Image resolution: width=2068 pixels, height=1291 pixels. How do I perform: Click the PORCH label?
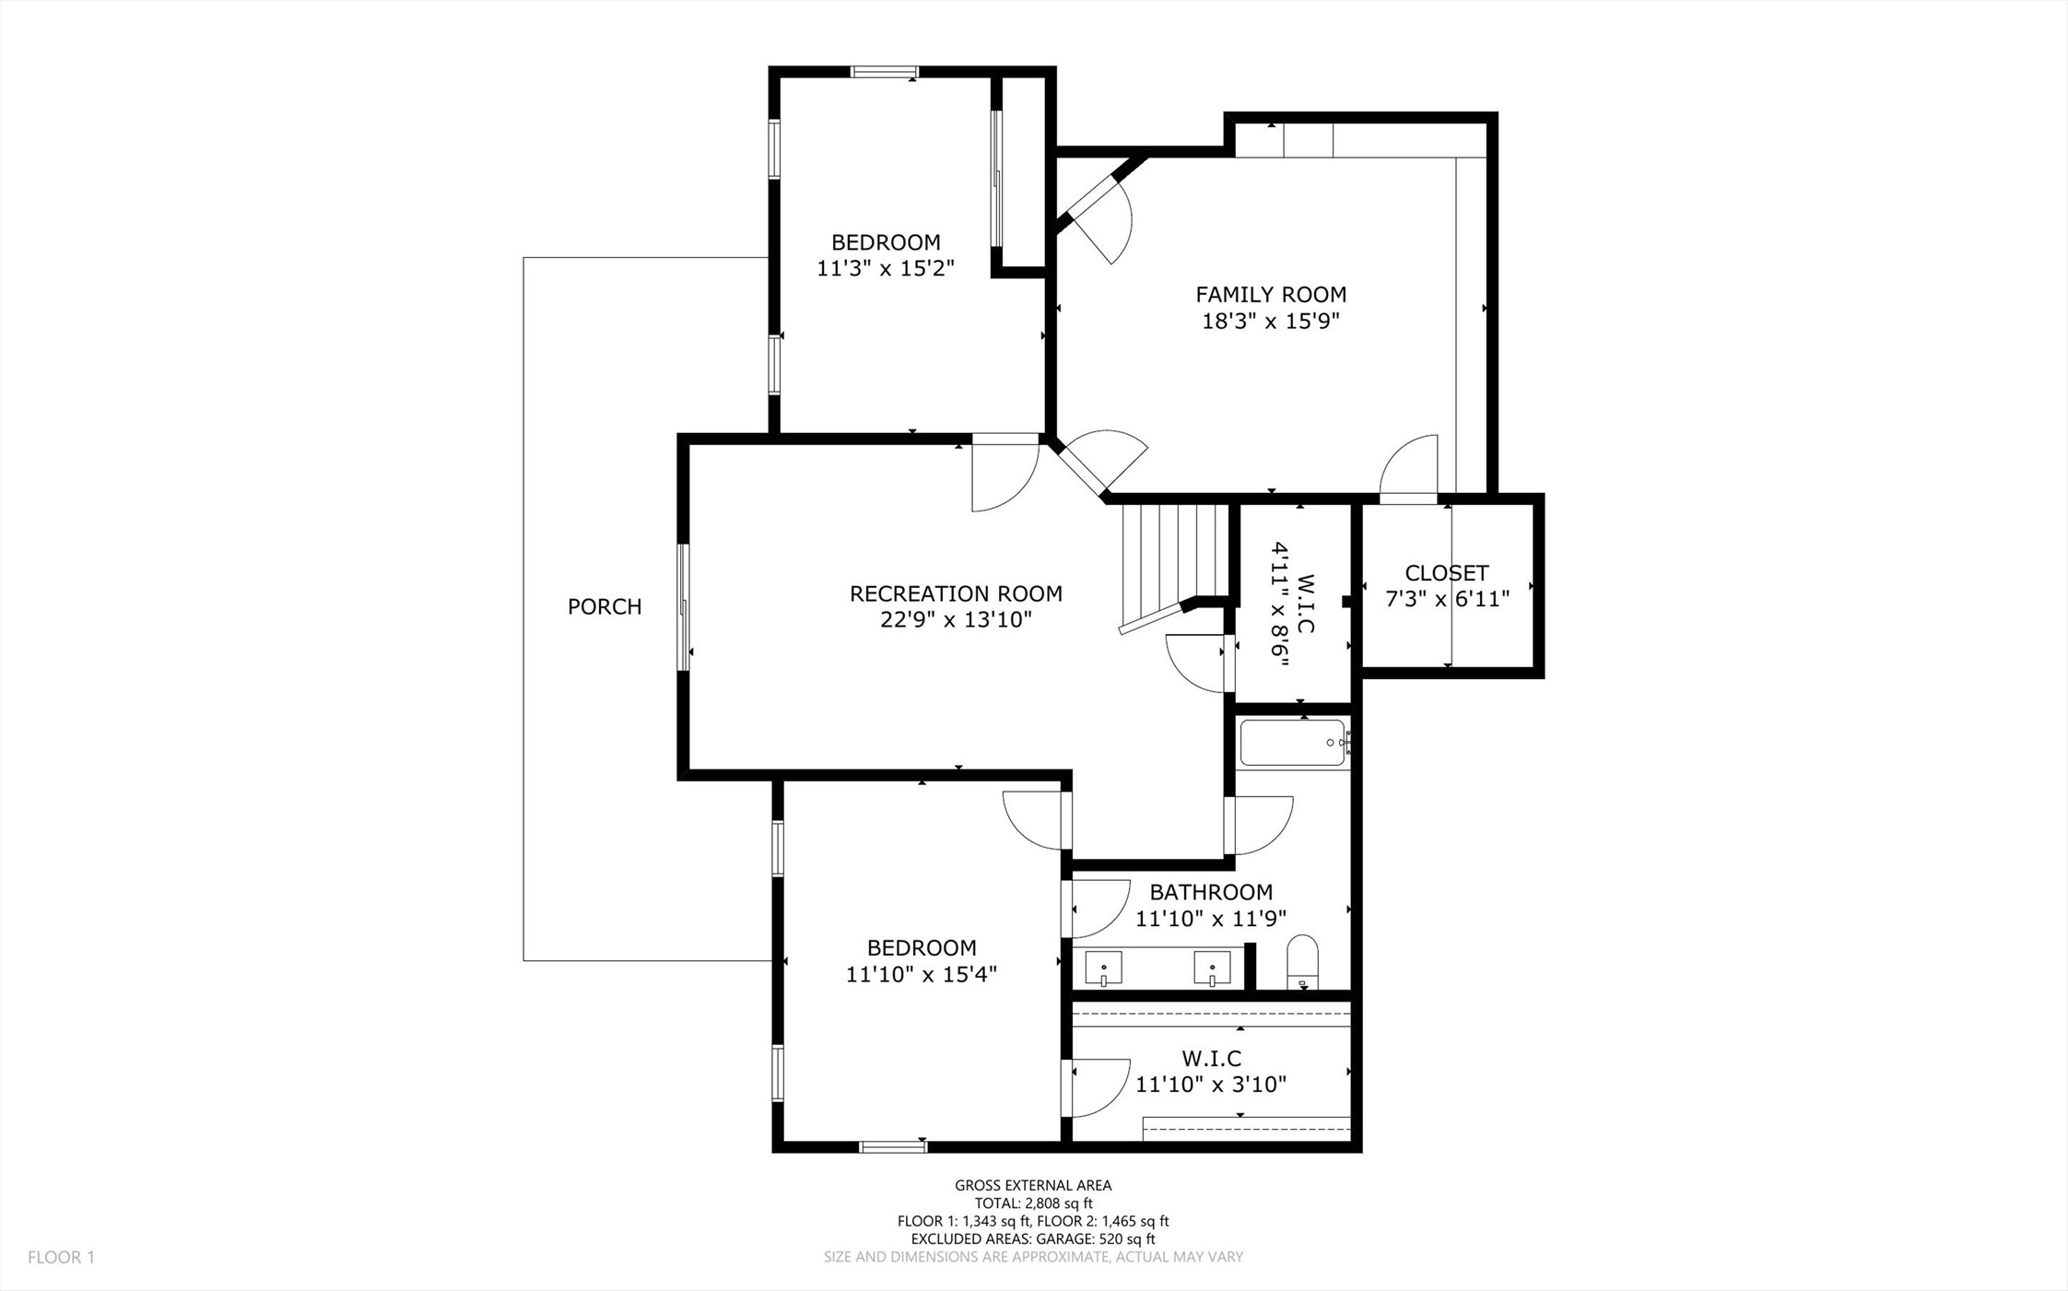click(x=605, y=606)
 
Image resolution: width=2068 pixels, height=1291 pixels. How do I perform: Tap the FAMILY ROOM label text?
click(x=1271, y=295)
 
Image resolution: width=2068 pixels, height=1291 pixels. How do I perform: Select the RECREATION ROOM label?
click(x=956, y=593)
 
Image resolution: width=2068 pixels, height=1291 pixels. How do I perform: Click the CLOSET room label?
click(x=1447, y=573)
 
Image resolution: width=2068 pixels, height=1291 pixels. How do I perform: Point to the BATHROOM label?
click(x=1211, y=892)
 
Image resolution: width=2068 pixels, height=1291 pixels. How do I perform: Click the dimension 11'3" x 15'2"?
click(x=886, y=268)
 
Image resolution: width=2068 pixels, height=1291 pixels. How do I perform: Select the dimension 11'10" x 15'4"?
click(x=922, y=974)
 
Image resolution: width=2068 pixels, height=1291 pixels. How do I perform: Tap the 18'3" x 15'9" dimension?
click(x=1271, y=322)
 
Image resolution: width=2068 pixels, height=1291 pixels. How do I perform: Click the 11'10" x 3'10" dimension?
click(x=1211, y=1085)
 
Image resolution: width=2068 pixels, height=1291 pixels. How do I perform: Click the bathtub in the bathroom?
click(x=1295, y=743)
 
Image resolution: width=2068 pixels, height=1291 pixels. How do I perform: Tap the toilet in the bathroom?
click(x=1302, y=962)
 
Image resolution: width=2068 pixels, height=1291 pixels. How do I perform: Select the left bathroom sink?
click(x=1103, y=969)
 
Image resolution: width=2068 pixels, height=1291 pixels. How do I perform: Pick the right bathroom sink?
click(x=1212, y=969)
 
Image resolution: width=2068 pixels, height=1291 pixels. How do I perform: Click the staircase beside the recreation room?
click(x=1175, y=562)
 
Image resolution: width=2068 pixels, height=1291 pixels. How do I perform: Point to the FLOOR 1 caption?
click(x=61, y=1257)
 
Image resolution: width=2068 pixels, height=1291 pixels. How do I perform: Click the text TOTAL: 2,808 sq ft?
click(x=1033, y=1203)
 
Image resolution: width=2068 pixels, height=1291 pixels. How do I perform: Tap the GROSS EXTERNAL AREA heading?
click(x=1033, y=1186)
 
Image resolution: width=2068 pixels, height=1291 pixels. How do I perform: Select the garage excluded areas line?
click(x=1033, y=1239)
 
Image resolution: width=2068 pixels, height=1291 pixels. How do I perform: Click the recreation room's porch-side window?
click(x=684, y=607)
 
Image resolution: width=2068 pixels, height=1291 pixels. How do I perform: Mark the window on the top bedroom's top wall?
click(x=885, y=72)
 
